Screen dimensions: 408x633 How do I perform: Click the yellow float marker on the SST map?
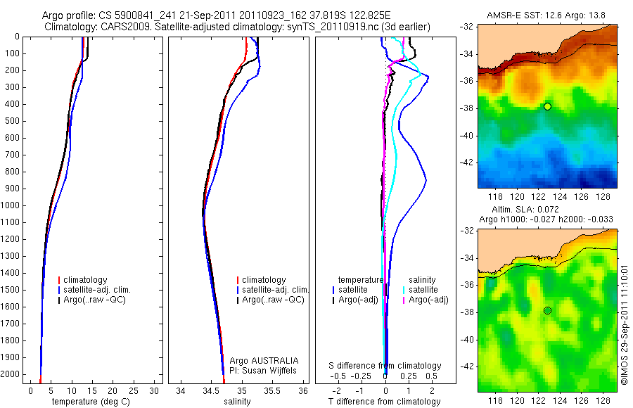click(x=547, y=106)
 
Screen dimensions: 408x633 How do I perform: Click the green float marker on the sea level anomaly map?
click(x=547, y=310)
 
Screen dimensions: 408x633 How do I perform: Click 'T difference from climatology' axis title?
click(x=385, y=402)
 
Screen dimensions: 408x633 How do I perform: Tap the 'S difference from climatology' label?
click(x=385, y=366)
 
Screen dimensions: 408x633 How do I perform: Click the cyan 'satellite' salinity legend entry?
click(x=423, y=290)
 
